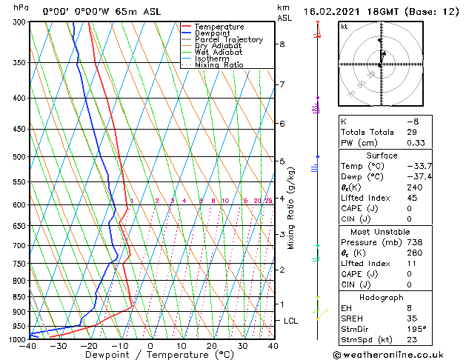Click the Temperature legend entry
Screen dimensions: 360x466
coord(219,27)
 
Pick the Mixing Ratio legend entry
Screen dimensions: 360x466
coord(219,65)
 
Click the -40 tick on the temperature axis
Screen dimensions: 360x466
coord(29,346)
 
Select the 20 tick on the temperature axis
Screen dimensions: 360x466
coord(212,346)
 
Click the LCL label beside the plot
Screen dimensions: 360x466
coord(290,321)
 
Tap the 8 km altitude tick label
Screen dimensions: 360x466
coord(282,44)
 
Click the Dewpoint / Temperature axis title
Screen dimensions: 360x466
coord(151,355)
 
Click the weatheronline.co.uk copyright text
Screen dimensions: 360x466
coord(397,355)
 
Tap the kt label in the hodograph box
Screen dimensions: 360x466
coord(344,26)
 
